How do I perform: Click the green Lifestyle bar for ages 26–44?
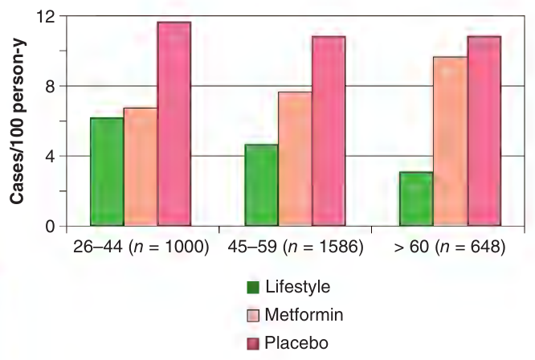click(x=107, y=172)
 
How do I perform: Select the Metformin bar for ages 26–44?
click(x=141, y=167)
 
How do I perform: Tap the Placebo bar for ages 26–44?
click(x=174, y=124)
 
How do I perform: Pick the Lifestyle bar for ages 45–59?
click(x=261, y=185)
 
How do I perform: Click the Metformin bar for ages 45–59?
click(x=295, y=158)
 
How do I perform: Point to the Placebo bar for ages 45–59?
click(x=329, y=131)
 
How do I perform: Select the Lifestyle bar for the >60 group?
click(x=416, y=199)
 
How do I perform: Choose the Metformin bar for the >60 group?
click(x=450, y=141)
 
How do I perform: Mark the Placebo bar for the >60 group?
click(x=484, y=131)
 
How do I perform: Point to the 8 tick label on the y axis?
click(x=50, y=87)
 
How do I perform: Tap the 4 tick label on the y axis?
click(x=50, y=157)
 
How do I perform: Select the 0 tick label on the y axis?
click(x=50, y=227)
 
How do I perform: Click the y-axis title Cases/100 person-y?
click(x=17, y=122)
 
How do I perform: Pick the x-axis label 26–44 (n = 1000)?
click(x=141, y=247)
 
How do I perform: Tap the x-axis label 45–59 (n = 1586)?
click(x=296, y=247)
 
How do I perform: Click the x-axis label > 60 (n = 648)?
click(x=449, y=247)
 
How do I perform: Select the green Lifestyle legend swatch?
click(x=253, y=288)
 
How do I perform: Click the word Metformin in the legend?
click(x=304, y=315)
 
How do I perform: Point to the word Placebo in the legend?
click(x=296, y=343)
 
